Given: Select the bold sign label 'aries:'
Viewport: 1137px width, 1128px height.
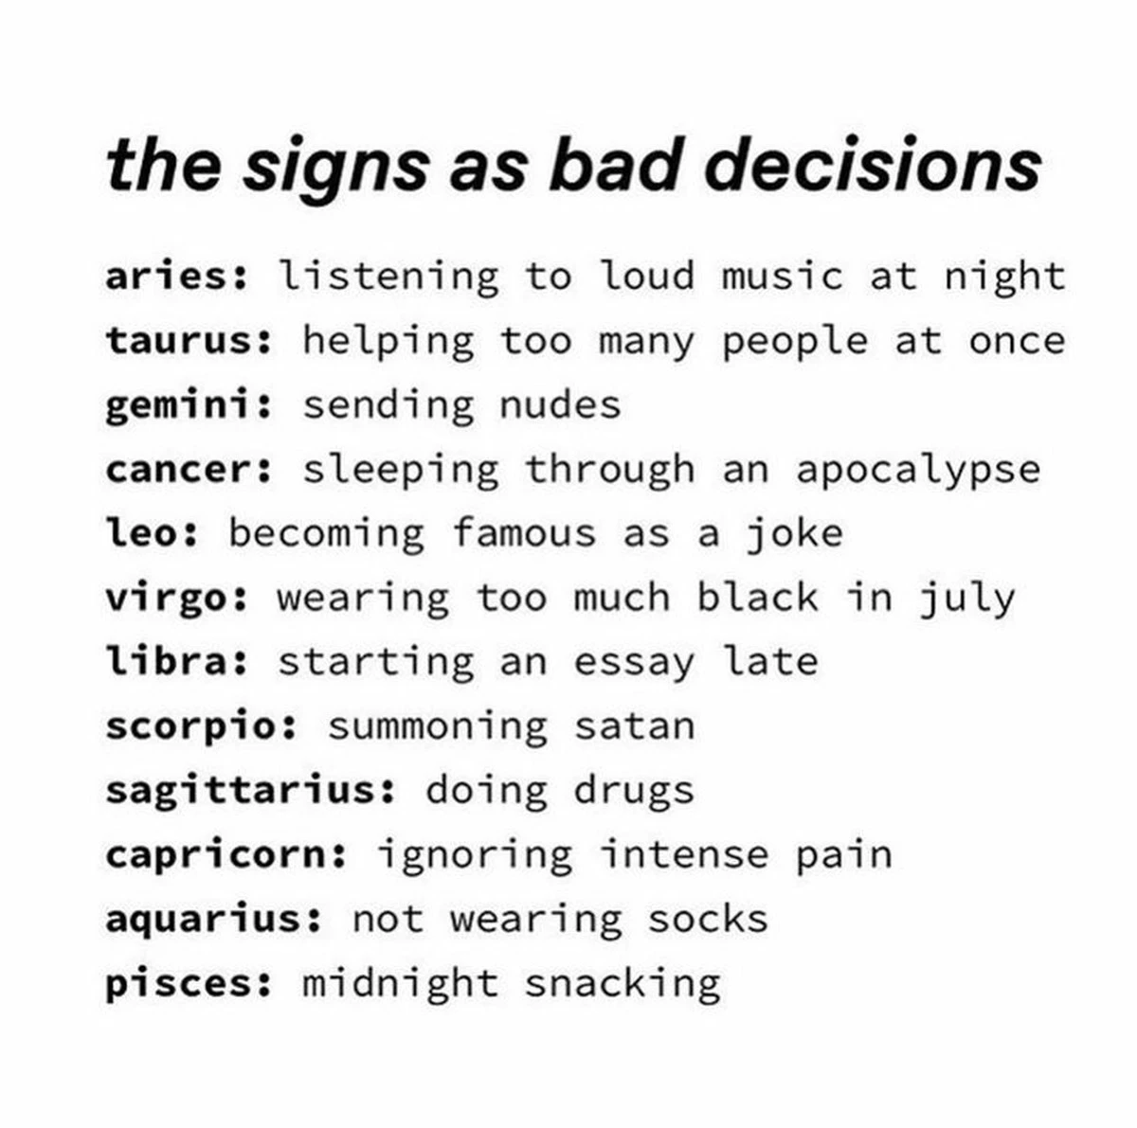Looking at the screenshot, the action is pos(176,277).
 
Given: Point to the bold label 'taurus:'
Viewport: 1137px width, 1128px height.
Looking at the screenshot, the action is pos(189,340).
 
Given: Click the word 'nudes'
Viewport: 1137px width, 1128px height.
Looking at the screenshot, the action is pos(561,404).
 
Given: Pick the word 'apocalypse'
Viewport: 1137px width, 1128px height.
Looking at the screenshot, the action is pos(918,471).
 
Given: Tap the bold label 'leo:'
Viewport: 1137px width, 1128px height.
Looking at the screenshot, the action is pos(152,532).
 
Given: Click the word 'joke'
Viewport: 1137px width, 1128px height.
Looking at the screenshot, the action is pos(795,534).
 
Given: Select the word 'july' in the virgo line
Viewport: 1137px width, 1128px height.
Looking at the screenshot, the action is pos(967,599).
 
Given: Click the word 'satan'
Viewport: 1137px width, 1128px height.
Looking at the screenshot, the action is pos(635,725).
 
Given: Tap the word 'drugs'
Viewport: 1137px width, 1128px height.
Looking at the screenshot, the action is pos(634,791).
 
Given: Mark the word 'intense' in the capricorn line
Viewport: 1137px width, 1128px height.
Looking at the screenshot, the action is pos(684,855).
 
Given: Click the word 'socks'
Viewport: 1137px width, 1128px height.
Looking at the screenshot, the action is pos(708,919).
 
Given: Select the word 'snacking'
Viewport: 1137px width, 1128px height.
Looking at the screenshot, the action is pos(623,984).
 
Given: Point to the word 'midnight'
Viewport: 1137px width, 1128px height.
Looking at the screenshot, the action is pos(401,984).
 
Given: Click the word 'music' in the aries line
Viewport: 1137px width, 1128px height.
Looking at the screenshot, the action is pos(783,277).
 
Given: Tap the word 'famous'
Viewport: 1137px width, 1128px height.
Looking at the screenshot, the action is pos(524,532).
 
